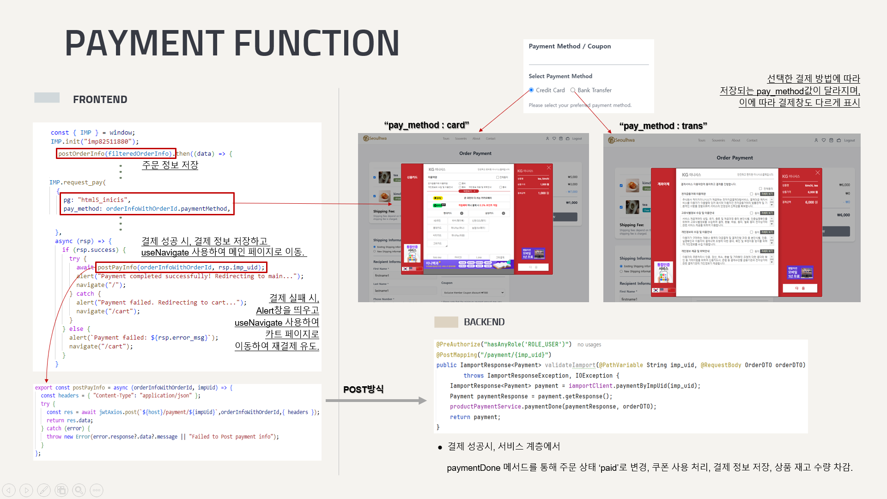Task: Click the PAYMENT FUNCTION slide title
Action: coord(232,43)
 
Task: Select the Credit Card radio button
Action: coord(531,90)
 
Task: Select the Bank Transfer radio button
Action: coord(573,90)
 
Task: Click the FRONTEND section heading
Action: coord(100,99)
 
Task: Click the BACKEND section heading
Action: coord(484,322)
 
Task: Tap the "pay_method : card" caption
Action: coord(426,125)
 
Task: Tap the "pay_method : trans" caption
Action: coord(663,126)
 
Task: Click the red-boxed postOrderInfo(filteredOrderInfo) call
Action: coord(115,153)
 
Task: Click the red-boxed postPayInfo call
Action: coord(181,267)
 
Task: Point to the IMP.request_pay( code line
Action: coord(78,183)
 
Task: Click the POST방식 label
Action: coord(363,389)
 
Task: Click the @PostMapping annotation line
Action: coord(494,355)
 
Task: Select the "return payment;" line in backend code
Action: coord(475,417)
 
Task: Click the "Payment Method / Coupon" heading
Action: coord(570,46)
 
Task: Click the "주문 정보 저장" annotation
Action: coord(170,165)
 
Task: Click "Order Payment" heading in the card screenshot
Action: coord(475,153)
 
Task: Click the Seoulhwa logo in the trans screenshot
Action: coord(621,140)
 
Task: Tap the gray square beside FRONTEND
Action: coord(47,97)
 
